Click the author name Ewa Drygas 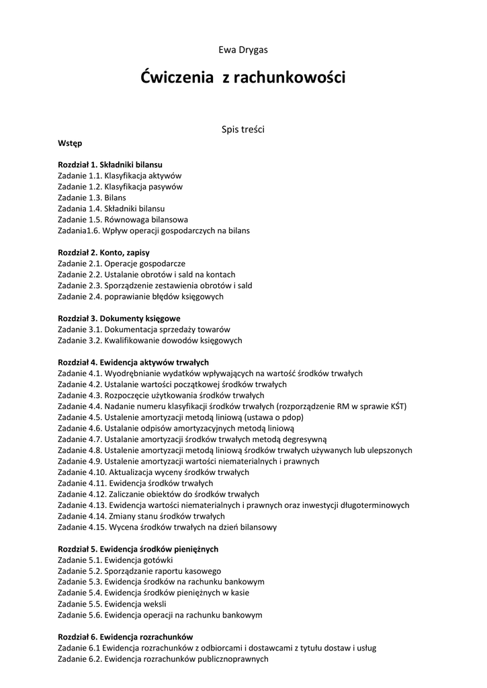point(243,50)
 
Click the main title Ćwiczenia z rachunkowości point(243,78)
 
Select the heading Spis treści point(243,129)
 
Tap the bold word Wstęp point(70,143)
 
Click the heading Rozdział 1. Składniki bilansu point(110,165)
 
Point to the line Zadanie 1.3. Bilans point(92,198)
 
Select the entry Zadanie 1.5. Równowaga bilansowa point(123,220)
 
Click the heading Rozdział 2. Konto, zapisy point(103,253)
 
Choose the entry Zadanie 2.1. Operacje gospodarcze point(122,263)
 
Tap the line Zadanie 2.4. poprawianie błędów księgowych point(141,296)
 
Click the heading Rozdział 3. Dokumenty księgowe point(119,318)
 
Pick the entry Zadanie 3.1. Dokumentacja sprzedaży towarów point(144,329)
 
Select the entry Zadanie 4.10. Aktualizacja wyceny point(153,472)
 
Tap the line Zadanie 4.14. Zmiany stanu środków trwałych point(141,516)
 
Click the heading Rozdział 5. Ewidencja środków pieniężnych point(138,549)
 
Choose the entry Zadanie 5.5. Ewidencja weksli point(112,604)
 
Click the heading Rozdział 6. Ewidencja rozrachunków point(126,637)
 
